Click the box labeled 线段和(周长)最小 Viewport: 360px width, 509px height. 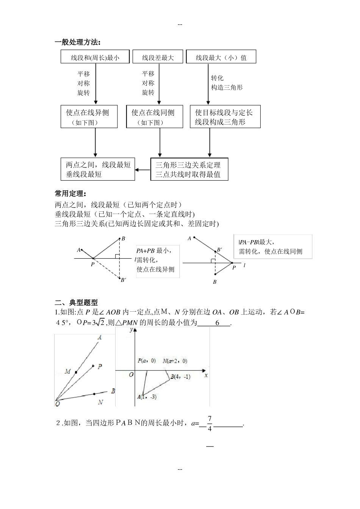click(x=95, y=57)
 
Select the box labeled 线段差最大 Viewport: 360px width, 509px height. click(x=158, y=57)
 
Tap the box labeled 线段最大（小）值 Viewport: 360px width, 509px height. click(x=221, y=57)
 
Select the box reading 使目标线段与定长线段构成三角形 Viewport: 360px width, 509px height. click(x=225, y=117)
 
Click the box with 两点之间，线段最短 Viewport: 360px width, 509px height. click(x=98, y=169)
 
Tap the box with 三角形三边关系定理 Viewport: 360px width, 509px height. click(x=189, y=169)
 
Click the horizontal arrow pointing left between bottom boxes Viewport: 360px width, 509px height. click(x=143, y=169)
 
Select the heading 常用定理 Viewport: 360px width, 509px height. click(x=70, y=194)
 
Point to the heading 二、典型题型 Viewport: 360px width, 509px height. click(x=76, y=302)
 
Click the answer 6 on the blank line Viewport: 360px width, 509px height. click(x=218, y=323)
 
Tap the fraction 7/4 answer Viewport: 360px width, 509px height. click(x=210, y=423)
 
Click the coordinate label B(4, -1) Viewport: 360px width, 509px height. click(x=180, y=376)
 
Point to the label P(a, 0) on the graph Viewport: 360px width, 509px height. click(x=147, y=361)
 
